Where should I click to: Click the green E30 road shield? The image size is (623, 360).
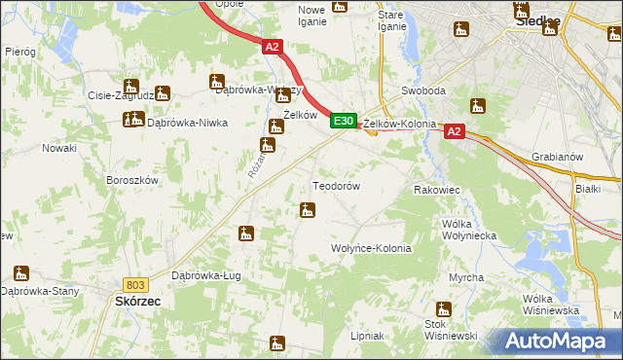click(x=342, y=121)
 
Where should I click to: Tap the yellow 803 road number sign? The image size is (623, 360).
click(x=136, y=284)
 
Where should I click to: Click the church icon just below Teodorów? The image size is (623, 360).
click(x=308, y=210)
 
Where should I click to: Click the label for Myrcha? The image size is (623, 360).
click(x=466, y=278)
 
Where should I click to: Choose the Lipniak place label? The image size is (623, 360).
click(x=367, y=336)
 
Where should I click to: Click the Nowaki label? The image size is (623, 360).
click(x=58, y=148)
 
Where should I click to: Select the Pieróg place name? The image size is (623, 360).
click(x=19, y=51)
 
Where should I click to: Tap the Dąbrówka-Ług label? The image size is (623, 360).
click(x=205, y=275)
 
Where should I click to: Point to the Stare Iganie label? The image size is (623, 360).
click(x=391, y=19)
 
